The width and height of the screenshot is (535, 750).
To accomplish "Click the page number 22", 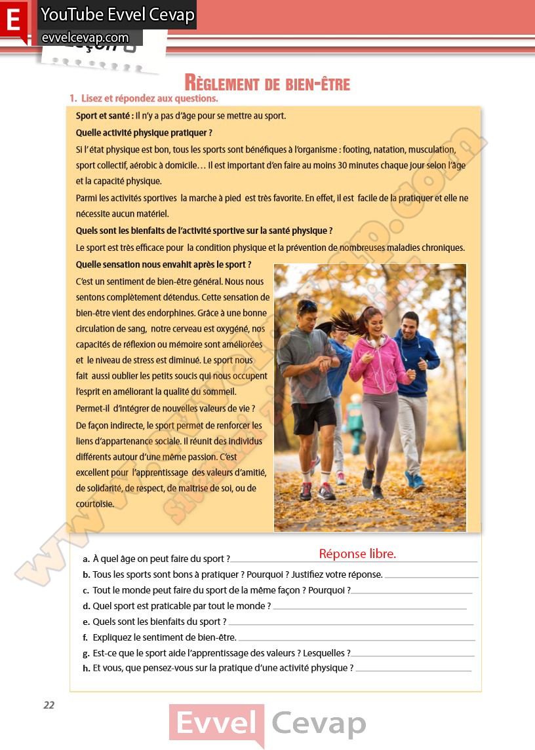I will (49, 705).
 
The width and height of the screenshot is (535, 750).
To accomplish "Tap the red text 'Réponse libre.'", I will (357, 554).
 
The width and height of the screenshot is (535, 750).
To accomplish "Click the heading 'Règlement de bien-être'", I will (267, 84).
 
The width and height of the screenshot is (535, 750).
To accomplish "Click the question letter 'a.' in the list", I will (87, 559).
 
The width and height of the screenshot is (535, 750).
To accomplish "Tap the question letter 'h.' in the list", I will (87, 668).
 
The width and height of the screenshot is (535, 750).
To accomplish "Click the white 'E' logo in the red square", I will (13, 20).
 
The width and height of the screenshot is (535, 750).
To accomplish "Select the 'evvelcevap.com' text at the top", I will (85, 38).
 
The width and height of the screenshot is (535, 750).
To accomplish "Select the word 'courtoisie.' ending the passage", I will (95, 504).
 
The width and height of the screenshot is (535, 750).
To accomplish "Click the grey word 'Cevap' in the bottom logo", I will (319, 724).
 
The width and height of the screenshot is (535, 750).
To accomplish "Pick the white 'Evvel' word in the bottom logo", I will (216, 724).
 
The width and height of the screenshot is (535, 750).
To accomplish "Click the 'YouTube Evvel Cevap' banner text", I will (118, 15).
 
